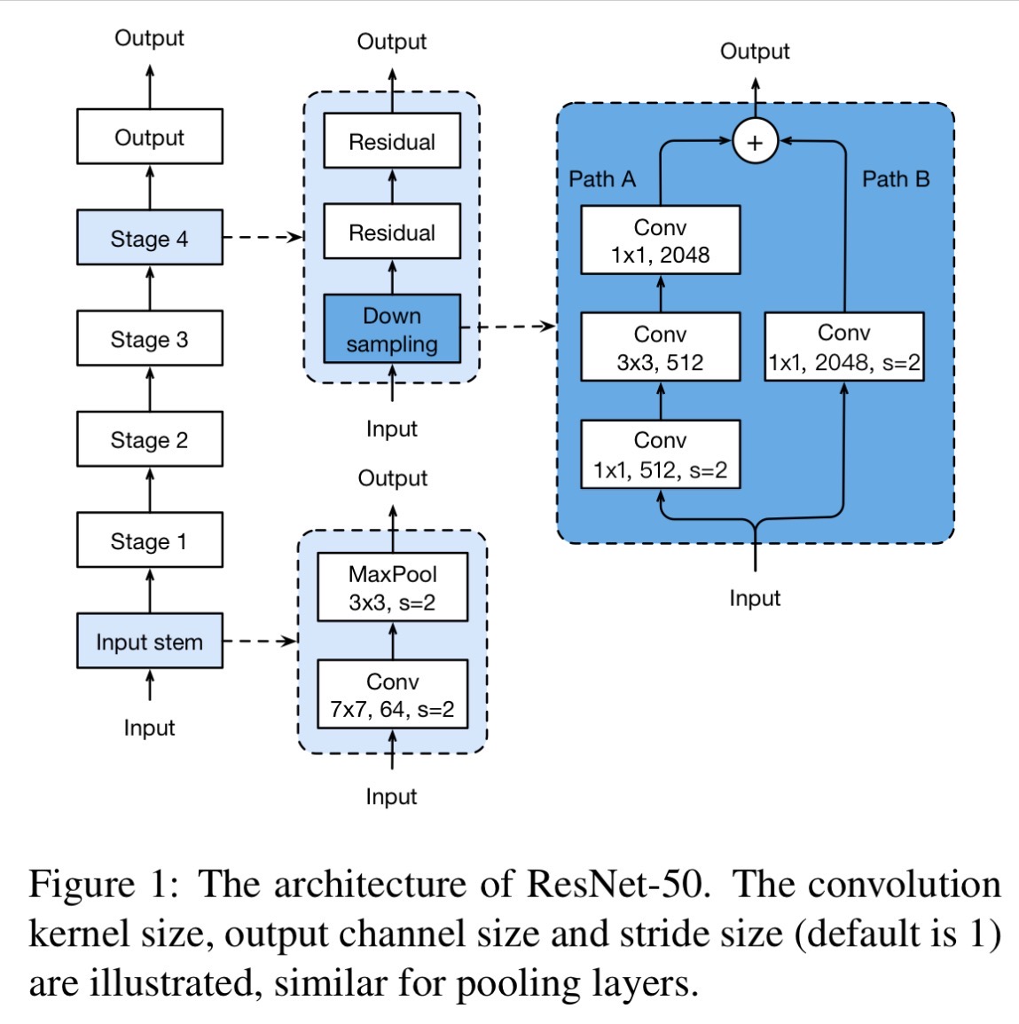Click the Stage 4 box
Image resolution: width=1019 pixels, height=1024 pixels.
pyautogui.click(x=150, y=237)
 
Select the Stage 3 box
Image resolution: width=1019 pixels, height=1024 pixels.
pyautogui.click(x=150, y=337)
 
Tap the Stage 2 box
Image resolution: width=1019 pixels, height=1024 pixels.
pyautogui.click(x=150, y=439)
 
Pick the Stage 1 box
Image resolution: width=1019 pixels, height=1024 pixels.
pyautogui.click(x=150, y=540)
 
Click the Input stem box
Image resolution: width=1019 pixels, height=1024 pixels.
pyautogui.click(x=150, y=641)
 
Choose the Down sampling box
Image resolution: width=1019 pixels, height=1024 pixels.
pyautogui.click(x=392, y=328)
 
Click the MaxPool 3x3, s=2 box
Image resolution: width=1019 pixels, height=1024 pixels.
pyautogui.click(x=392, y=587)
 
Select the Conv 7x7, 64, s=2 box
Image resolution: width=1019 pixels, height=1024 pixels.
pyautogui.click(x=392, y=694)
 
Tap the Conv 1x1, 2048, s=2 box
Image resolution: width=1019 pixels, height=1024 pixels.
pyautogui.click(x=844, y=347)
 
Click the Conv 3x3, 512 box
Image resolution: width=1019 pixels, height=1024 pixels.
pyautogui.click(x=661, y=347)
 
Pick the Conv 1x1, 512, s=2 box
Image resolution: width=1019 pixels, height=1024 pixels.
pyautogui.click(x=661, y=454)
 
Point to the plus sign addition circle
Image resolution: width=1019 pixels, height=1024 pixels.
pyautogui.click(x=756, y=141)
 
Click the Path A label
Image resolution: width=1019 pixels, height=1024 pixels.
pyautogui.click(x=602, y=179)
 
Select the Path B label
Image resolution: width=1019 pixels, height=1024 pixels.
pyautogui.click(x=896, y=179)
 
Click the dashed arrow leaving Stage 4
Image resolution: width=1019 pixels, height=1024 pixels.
pyautogui.click(x=263, y=237)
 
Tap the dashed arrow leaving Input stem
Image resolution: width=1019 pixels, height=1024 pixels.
pyautogui.click(x=261, y=642)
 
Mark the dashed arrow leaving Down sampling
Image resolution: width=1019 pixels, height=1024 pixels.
pyautogui.click(x=508, y=326)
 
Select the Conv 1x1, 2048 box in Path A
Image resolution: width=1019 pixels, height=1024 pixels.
pyautogui.click(x=661, y=240)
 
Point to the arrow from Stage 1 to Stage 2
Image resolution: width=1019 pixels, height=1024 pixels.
pyautogui.click(x=150, y=489)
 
